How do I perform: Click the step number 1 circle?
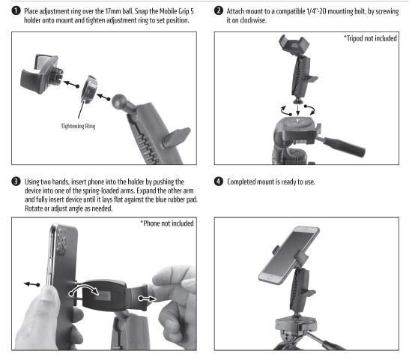16,10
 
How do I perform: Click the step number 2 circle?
218,10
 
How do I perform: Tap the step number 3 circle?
16,181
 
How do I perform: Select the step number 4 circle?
218,181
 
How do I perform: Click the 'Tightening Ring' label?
78,126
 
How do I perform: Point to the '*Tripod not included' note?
370,38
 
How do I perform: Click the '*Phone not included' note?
167,223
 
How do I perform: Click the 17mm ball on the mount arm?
119,101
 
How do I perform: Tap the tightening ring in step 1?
90,89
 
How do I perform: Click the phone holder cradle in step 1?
40,73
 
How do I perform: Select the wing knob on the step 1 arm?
175,136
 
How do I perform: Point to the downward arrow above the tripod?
297,110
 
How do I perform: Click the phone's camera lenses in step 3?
61,241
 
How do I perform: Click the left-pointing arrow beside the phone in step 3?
31,284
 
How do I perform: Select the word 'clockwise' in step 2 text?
253,20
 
